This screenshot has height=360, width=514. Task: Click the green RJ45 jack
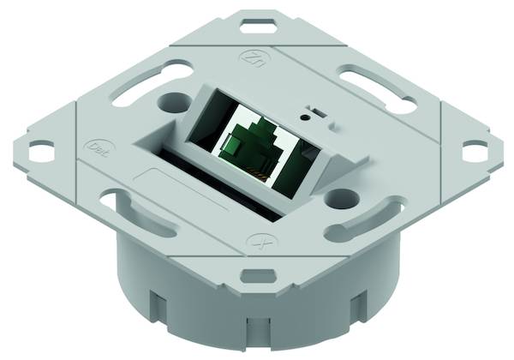coord(248,151)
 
